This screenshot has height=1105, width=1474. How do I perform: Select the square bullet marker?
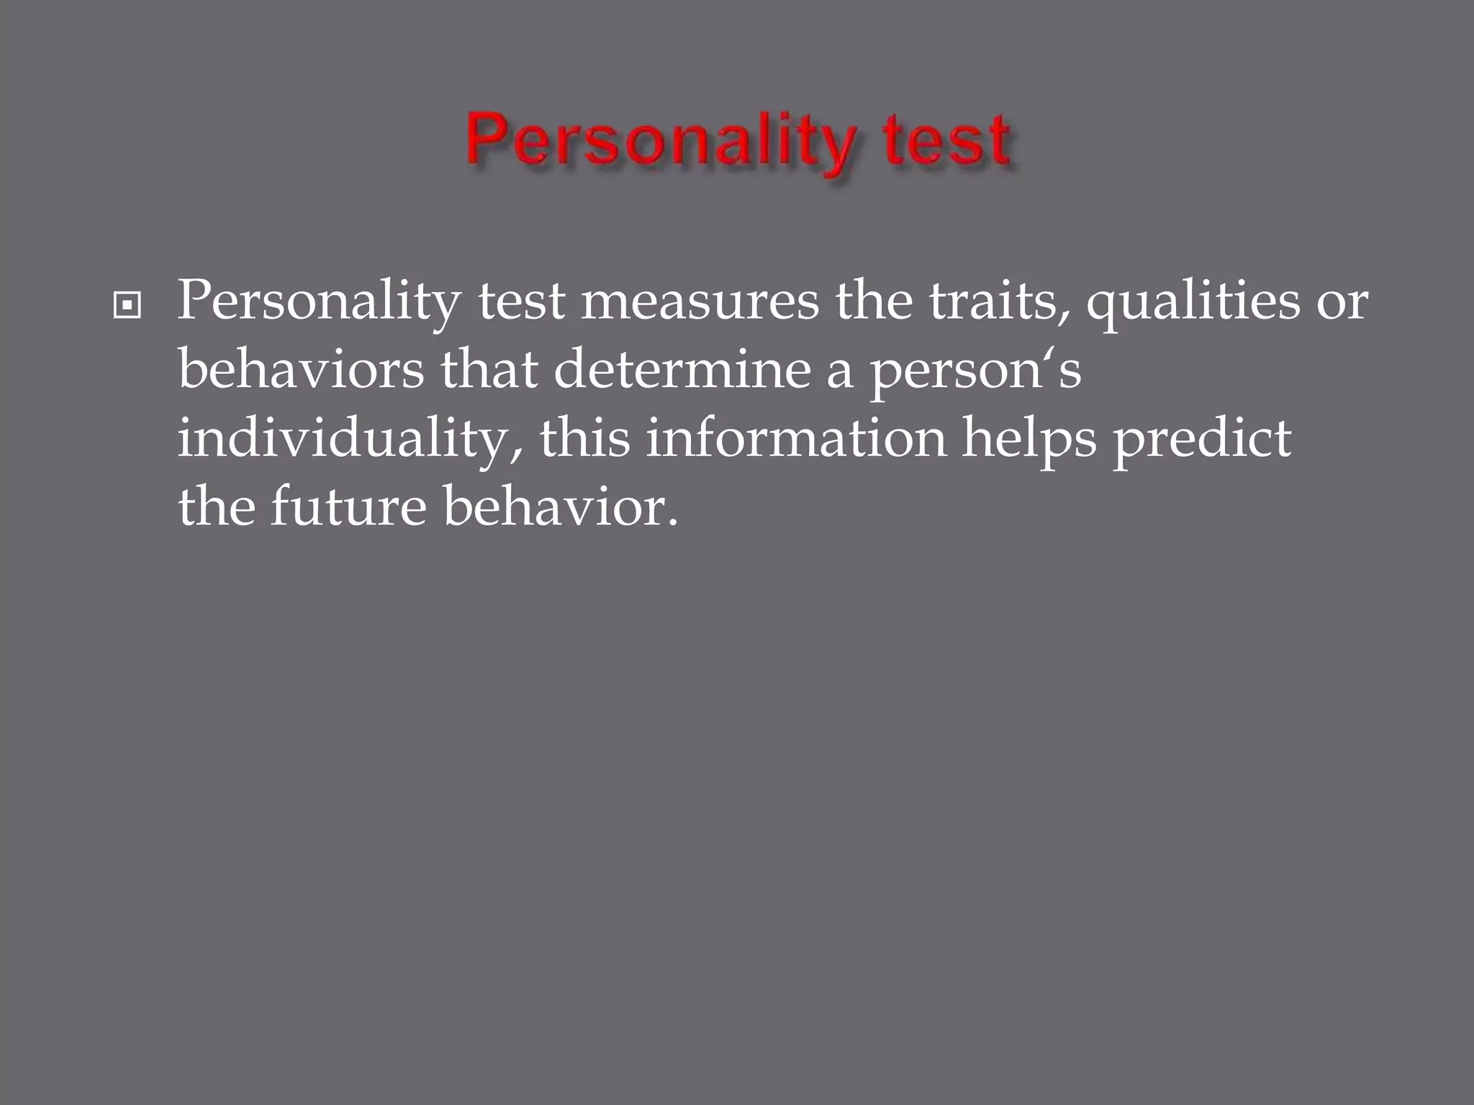click(127, 306)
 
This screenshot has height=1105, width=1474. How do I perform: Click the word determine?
click(682, 370)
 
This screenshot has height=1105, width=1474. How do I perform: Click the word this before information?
click(584, 439)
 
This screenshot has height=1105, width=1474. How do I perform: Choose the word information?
click(796, 439)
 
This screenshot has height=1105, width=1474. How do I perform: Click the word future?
click(348, 508)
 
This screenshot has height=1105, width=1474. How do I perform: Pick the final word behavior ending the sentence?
click(560, 506)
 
